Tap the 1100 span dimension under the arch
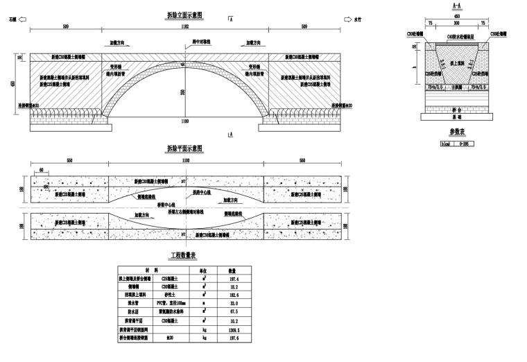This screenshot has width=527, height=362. coord(184,121)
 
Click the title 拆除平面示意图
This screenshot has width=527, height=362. coord(184,148)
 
